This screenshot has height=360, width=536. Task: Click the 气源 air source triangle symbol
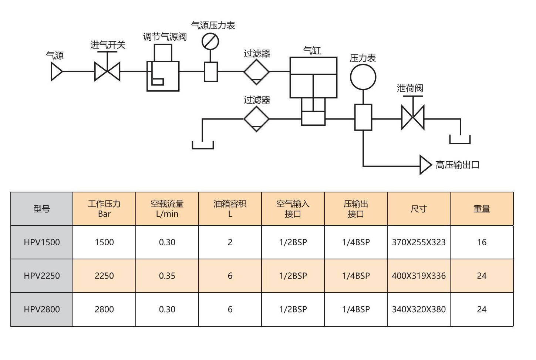56,71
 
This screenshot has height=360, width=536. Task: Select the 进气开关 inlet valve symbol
107,71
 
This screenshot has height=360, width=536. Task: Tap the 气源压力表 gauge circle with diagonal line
210,41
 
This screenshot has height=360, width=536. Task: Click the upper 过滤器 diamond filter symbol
256,71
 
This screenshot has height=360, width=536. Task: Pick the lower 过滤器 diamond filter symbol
256,119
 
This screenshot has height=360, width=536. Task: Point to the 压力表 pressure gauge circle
363,77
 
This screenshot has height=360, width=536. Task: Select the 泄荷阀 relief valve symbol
413,118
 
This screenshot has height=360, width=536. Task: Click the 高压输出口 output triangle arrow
425,165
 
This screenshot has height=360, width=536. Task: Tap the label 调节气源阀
165,37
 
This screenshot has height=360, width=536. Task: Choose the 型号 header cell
42,209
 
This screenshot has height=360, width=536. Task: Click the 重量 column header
482,209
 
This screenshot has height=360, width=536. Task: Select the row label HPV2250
42,276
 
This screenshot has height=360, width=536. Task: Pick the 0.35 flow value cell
167,276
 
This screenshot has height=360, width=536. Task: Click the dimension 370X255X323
419,242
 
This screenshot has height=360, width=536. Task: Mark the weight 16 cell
482,242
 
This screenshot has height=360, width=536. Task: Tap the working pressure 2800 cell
104,309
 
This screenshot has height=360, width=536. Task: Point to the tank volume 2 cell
230,242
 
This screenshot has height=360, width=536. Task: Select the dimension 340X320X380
419,309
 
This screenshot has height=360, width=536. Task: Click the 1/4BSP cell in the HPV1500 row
356,242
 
